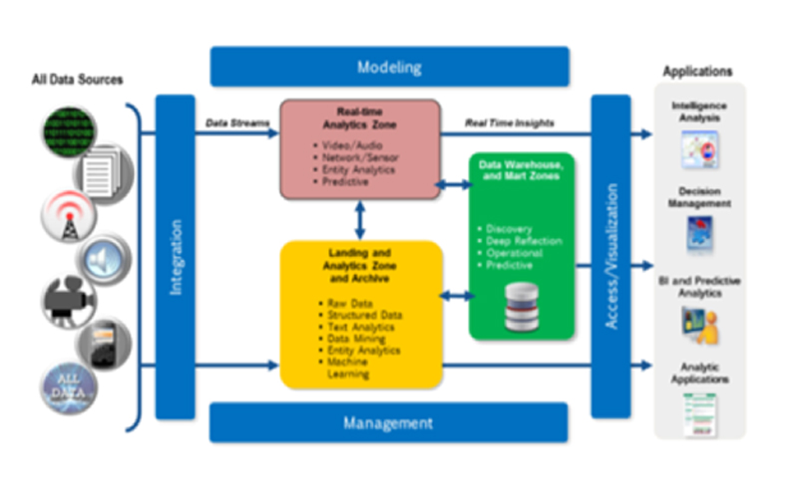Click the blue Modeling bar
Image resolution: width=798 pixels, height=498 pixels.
(x=389, y=68)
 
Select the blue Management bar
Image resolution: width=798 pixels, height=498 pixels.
(x=388, y=423)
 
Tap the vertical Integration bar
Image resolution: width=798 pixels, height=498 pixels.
(x=176, y=257)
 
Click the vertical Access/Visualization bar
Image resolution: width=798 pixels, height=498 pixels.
(x=610, y=257)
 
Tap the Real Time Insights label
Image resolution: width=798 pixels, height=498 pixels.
(x=510, y=123)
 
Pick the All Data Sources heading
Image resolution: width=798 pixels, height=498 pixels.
(x=76, y=79)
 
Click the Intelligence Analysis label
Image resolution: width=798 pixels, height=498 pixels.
(x=697, y=111)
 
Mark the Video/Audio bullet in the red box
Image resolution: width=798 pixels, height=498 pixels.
(x=339, y=145)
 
